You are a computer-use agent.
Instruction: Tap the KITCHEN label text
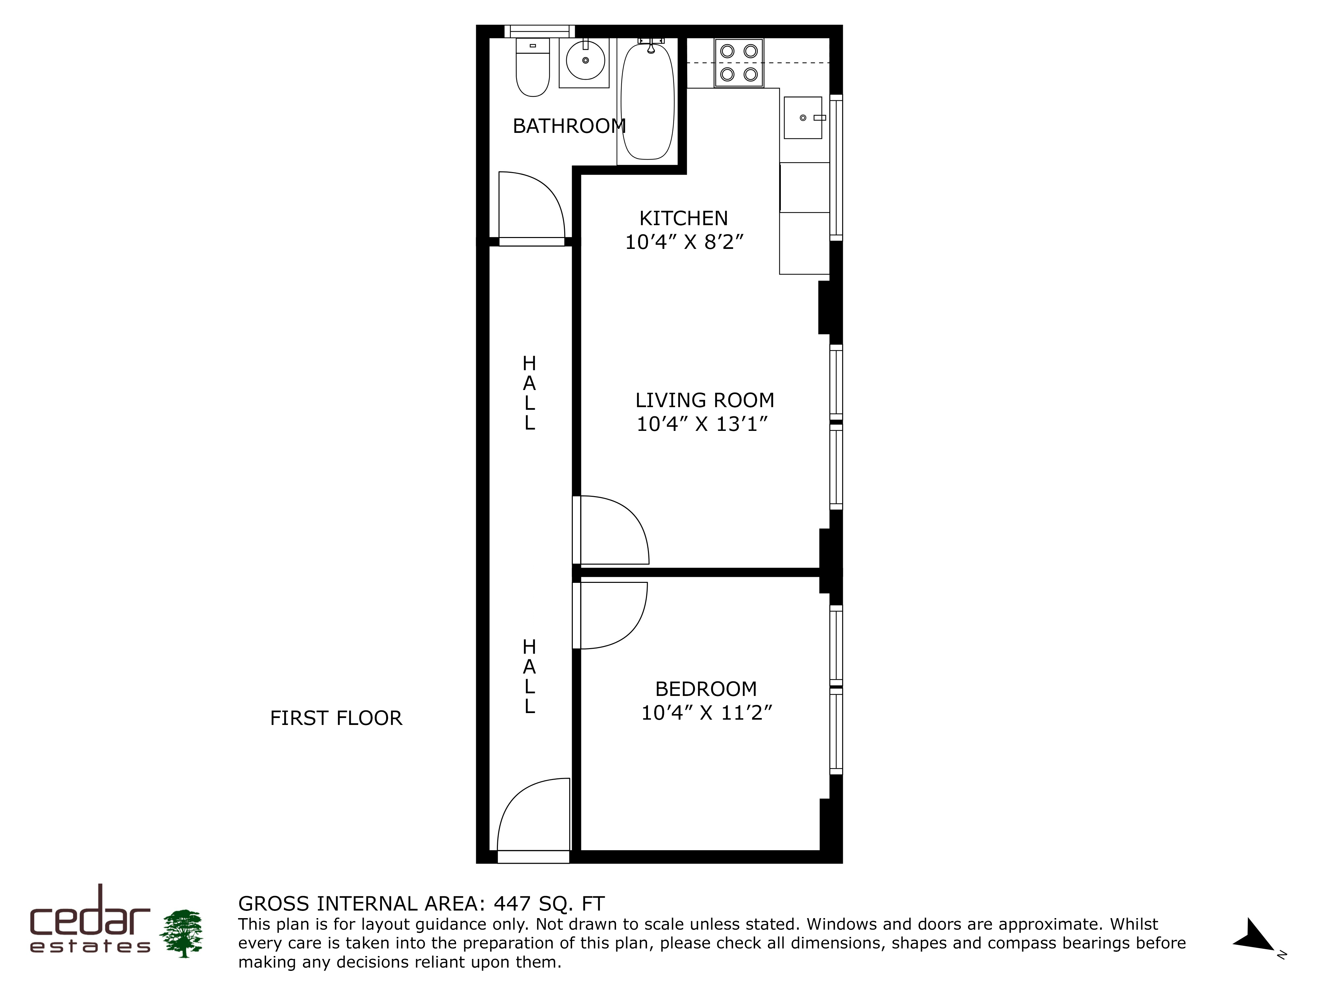[x=683, y=218]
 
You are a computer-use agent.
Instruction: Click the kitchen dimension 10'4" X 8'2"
[x=685, y=242]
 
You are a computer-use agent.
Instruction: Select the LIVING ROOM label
[x=704, y=400]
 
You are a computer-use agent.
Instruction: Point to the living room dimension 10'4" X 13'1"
[x=702, y=424]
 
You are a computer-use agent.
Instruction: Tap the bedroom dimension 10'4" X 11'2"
[x=707, y=713]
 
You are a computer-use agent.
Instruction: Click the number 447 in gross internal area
[x=512, y=904]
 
